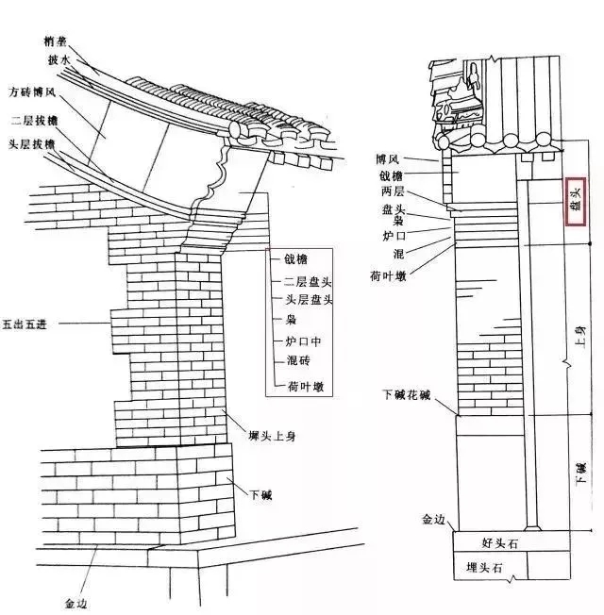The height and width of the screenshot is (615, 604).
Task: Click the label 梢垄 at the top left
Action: (x=55, y=42)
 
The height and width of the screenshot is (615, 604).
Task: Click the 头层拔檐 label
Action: (x=32, y=143)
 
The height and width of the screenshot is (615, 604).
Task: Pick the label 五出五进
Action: (x=25, y=324)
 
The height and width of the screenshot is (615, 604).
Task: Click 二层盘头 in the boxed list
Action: (x=301, y=282)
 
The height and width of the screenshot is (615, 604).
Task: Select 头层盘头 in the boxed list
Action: (x=301, y=300)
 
